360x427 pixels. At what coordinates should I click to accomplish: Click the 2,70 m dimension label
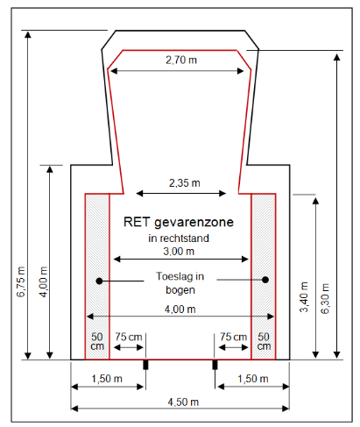pyautogui.click(x=181, y=60)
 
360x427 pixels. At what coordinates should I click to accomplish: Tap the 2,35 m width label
pyautogui.click(x=185, y=183)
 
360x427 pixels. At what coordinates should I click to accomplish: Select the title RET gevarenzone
pyautogui.click(x=179, y=222)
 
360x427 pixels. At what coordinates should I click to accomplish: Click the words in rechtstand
pyautogui.click(x=179, y=238)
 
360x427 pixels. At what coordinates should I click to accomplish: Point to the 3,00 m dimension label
pyautogui.click(x=179, y=251)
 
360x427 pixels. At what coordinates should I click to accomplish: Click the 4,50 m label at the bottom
pyautogui.click(x=183, y=402)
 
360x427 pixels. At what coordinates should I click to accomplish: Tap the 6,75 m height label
pyautogui.click(x=21, y=281)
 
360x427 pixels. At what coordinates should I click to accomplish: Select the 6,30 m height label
pyautogui.click(x=325, y=298)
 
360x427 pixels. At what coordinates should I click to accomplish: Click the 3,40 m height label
pyautogui.click(x=304, y=297)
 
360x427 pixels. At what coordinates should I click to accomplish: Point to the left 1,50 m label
pyautogui.click(x=107, y=379)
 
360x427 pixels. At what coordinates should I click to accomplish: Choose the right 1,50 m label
pyautogui.click(x=253, y=379)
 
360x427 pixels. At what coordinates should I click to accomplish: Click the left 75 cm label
pyautogui.click(x=129, y=337)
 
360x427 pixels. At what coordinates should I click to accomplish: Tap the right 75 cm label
pyautogui.click(x=233, y=337)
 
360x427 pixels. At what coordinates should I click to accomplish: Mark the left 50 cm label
pyautogui.click(x=97, y=341)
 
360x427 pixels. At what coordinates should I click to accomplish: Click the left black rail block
pyautogui.click(x=145, y=365)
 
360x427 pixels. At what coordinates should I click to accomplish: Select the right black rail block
pyautogui.click(x=215, y=365)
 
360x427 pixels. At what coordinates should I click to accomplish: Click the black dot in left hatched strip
pyautogui.click(x=99, y=281)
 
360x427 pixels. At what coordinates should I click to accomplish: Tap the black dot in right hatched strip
pyautogui.click(x=265, y=280)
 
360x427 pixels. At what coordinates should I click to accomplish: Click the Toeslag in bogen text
pyautogui.click(x=180, y=283)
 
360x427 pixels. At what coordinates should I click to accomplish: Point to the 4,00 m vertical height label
pyautogui.click(x=44, y=281)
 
